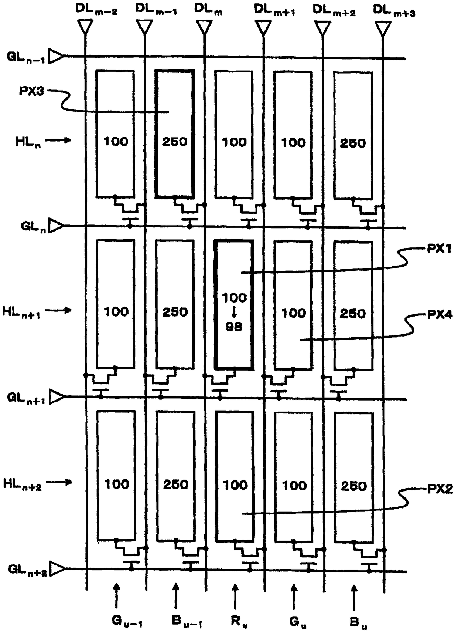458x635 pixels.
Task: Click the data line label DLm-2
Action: (96, 9)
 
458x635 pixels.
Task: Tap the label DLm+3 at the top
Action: (394, 10)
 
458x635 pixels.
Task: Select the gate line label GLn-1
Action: (26, 57)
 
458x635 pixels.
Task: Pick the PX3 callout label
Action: (31, 91)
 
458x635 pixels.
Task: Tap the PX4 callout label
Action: (440, 315)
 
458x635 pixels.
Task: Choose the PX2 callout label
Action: (440, 489)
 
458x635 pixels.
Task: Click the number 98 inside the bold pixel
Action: (234, 327)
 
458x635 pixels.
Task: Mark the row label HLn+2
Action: (23, 484)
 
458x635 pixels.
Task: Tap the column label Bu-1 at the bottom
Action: (187, 622)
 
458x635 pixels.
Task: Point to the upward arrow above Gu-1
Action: (117, 596)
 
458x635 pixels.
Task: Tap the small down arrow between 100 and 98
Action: (234, 313)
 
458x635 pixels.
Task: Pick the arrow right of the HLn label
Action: (58, 140)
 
